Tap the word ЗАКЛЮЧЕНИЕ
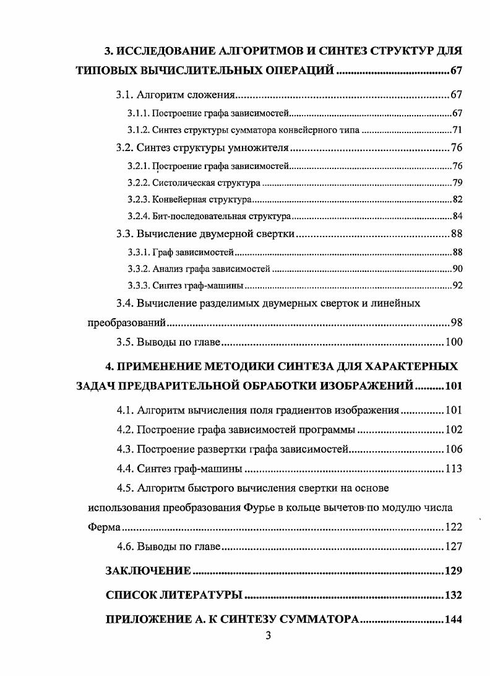point(148,570)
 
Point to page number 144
point(453,620)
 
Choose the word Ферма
point(102,528)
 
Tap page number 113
point(453,469)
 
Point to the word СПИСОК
point(132,595)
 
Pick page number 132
point(453,595)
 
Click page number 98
point(456,323)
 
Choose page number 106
point(453,449)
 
